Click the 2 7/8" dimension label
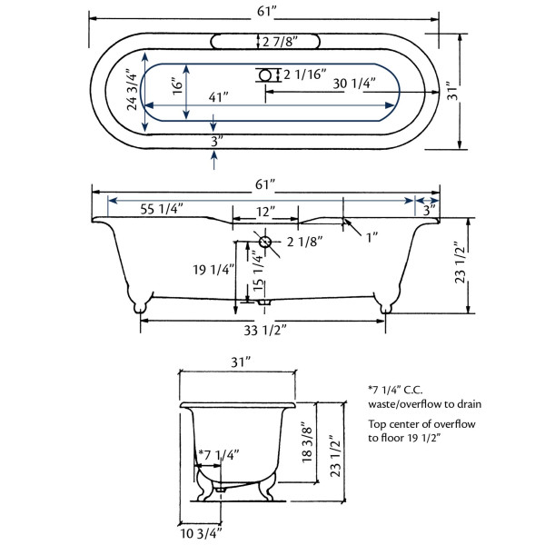pyautogui.click(x=280, y=42)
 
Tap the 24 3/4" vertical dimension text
pyautogui.click(x=132, y=92)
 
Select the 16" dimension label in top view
pyautogui.click(x=177, y=86)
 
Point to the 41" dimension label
pyautogui.click(x=218, y=97)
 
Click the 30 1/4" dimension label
pyautogui.click(x=354, y=84)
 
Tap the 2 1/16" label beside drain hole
pyautogui.click(x=305, y=74)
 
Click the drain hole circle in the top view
pyautogui.click(x=265, y=75)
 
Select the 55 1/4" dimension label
pyautogui.click(x=162, y=209)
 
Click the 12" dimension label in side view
pyautogui.click(x=265, y=212)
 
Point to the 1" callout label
pyautogui.click(x=372, y=238)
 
